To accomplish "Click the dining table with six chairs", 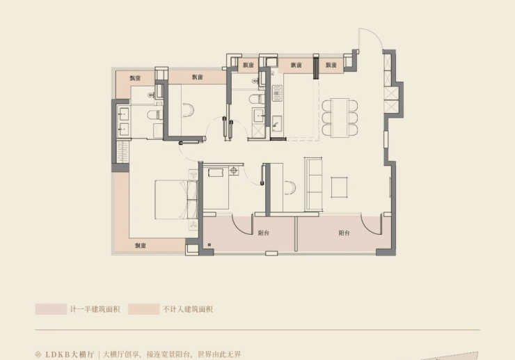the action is tap(340, 118).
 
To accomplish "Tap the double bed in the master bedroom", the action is tap(176, 199).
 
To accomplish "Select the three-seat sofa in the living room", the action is tap(313, 183).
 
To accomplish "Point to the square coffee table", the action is tap(340, 187).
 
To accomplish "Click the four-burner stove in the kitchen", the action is tap(277, 93).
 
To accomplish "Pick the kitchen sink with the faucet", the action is tap(276, 124).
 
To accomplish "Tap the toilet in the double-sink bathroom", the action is tap(154, 115).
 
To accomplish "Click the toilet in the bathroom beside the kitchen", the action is tap(257, 99).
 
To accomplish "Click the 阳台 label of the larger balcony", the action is tap(344, 233).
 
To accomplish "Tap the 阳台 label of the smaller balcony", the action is tap(263, 233).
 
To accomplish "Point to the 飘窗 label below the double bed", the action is tap(141, 246).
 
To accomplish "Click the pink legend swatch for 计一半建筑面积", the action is tap(51, 309).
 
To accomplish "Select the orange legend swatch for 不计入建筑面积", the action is tap(143, 309).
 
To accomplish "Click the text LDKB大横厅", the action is tap(70, 354).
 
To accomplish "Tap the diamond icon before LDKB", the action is tap(38, 354).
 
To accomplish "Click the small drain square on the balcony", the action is tap(209, 245).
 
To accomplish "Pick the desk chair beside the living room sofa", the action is tap(290, 188).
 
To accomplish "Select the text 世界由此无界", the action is tap(219, 354).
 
